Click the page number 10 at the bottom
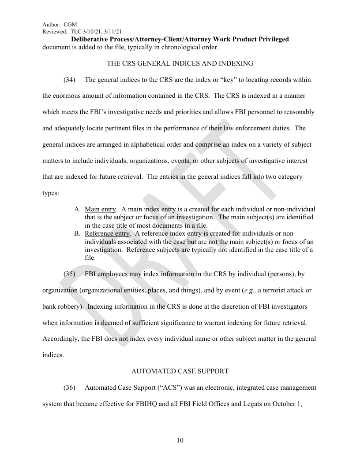coord(180,441)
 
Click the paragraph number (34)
coord(69,80)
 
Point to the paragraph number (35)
coord(69,274)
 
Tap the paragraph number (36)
coord(69,387)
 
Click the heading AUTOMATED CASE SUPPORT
coord(180,371)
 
